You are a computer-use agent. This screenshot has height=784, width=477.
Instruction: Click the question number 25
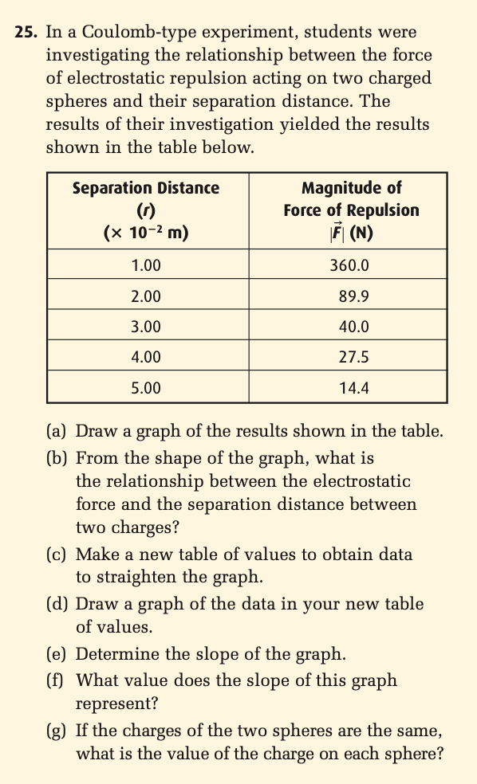coord(26,33)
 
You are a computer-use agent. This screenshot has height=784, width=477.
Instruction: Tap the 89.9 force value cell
coord(350,296)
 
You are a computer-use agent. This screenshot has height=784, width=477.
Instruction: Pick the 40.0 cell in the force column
coord(350,327)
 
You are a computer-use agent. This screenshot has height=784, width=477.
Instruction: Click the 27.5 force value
coord(350,357)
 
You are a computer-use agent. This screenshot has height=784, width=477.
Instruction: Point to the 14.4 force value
coord(350,388)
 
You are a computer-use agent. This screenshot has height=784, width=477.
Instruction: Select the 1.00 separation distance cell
coord(146,265)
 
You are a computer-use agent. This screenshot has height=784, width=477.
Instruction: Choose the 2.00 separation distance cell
coord(146,296)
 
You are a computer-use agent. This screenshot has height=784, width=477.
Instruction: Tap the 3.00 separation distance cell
coord(146,327)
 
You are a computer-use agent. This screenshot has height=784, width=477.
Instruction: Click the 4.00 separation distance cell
coord(146,357)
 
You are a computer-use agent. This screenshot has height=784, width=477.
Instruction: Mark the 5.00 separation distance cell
coord(146,388)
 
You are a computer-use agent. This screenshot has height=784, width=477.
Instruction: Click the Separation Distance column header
coord(146,189)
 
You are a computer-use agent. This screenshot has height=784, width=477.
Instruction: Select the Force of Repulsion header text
coord(351,210)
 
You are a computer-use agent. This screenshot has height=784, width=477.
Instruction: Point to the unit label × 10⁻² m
coord(146,233)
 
